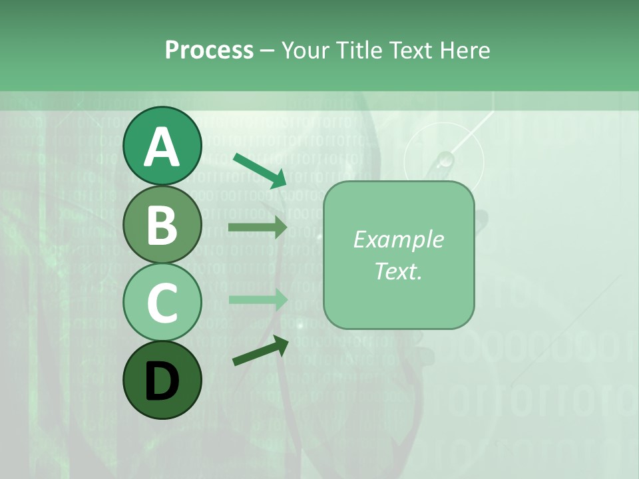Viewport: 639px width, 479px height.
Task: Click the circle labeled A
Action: pos(162,146)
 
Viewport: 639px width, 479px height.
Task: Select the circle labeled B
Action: pos(162,224)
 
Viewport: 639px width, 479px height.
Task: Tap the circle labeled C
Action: pos(162,302)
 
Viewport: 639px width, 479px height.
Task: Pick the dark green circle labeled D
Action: pos(162,380)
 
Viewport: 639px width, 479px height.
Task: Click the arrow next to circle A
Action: pos(260,170)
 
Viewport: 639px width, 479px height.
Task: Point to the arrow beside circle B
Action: pos(258,228)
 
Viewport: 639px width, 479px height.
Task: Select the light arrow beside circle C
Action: pos(258,299)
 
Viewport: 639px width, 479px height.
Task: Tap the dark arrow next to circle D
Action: pos(260,351)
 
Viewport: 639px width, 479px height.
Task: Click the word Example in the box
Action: pos(398,239)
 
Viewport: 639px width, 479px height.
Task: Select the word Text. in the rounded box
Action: pos(398,271)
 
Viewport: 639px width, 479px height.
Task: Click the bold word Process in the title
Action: pos(209,50)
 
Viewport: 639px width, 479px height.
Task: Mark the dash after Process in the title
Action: pos(267,51)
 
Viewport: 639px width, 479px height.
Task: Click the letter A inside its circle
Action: pos(162,147)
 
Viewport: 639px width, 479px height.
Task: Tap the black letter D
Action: pos(162,381)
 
